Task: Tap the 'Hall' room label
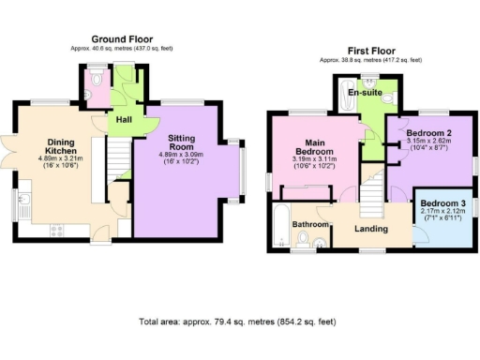(x=124, y=120)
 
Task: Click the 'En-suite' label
(x=364, y=94)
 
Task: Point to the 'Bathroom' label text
(x=307, y=225)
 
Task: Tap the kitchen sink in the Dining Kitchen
(x=19, y=200)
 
